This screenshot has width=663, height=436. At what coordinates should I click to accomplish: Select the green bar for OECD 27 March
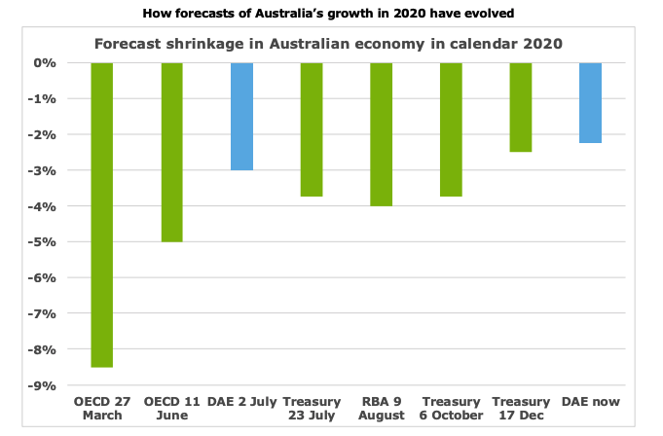coord(101,214)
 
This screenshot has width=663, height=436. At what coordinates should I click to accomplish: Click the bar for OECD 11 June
coord(171,152)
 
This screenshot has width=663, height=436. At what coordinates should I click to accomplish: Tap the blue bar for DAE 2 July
coord(241,116)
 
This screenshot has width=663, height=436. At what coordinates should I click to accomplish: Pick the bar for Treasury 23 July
coord(312,129)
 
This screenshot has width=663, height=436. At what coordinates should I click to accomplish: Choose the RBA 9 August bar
coord(382,134)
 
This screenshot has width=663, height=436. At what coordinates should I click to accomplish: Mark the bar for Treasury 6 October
coord(452,129)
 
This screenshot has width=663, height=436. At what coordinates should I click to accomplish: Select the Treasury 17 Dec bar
coord(521,107)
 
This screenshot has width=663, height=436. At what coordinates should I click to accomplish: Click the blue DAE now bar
coord(591,102)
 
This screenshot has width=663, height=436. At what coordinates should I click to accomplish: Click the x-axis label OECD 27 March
coord(101,409)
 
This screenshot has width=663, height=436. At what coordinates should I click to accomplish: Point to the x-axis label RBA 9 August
coord(382,409)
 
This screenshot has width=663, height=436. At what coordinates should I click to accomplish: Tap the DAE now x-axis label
coord(591,401)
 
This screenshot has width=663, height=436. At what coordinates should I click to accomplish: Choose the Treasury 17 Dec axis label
coord(521,409)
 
